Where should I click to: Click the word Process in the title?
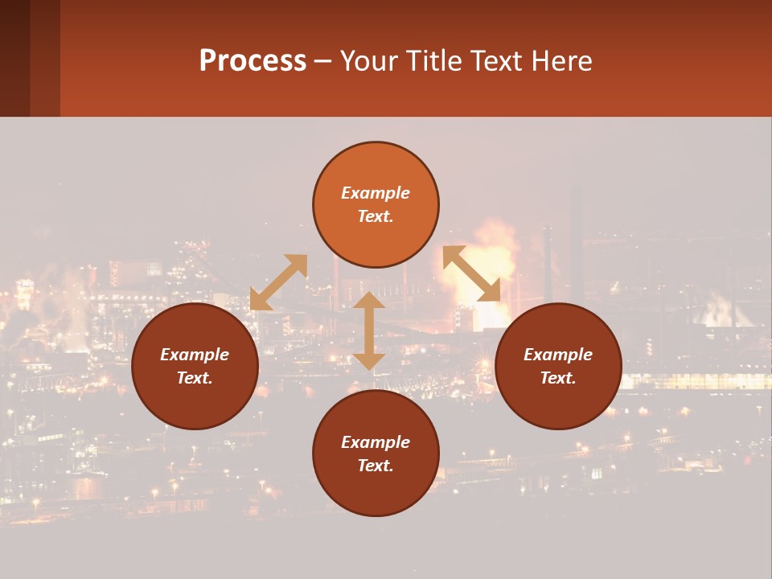tap(253, 61)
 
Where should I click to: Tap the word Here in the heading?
tap(561, 61)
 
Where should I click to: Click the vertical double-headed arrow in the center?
tap(369, 331)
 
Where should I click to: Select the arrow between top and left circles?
tap(278, 282)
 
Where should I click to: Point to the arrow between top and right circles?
tap(471, 273)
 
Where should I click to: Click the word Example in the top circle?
tap(376, 193)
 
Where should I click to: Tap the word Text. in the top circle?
tap(376, 216)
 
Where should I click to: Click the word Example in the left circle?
tap(195, 355)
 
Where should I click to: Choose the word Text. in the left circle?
tap(195, 378)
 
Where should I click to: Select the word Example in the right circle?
tap(558, 355)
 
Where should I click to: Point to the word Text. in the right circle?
tap(558, 378)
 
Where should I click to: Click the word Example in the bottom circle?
tap(376, 442)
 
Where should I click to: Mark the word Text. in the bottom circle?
tap(376, 466)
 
